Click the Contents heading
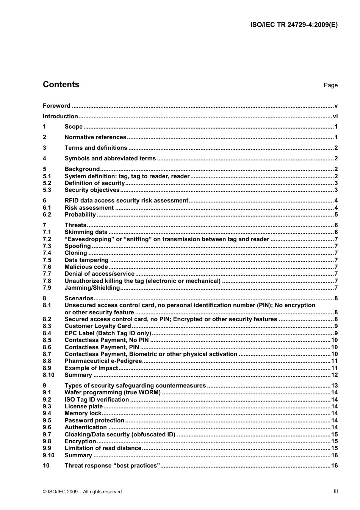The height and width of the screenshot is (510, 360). tap(61, 85)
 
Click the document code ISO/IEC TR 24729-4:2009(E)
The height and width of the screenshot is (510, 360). tap(294, 25)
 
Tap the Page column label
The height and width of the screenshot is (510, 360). tap(330, 85)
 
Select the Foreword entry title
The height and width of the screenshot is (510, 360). tap(56, 106)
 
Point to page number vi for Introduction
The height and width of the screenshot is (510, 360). tap(335, 116)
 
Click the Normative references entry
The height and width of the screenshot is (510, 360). tap(95, 137)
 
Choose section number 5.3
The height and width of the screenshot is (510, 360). tap(47, 190)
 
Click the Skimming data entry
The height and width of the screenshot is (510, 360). tap(86, 232)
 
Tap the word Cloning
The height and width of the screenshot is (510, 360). tap(76, 253)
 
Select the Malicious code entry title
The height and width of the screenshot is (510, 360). tap(86, 267)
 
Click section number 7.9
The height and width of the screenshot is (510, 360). tap(47, 288)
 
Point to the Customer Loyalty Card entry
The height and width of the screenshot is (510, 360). tap(97, 326)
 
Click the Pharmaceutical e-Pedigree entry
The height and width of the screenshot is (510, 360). tap(103, 361)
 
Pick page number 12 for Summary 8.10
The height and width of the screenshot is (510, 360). tap(334, 375)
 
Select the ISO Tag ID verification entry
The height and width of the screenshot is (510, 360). tap(97, 400)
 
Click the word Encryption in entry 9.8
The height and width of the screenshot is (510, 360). tap(80, 441)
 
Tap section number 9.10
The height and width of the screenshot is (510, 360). tap(49, 455)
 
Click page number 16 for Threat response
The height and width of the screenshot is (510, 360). tap(334, 466)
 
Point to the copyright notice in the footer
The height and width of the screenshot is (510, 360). tap(82, 492)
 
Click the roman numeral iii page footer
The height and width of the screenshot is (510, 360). tap(336, 491)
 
